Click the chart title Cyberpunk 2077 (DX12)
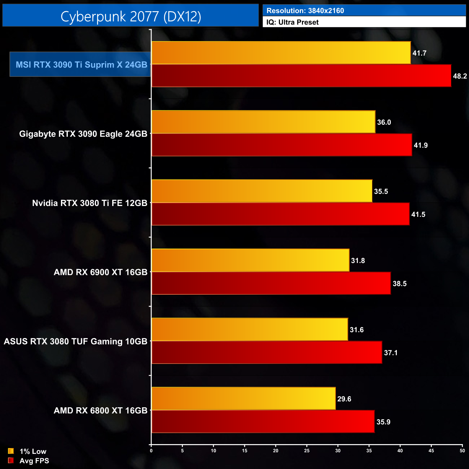tap(131, 16)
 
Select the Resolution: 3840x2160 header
tap(305, 10)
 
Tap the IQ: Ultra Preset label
tap(293, 22)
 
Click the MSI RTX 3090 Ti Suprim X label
tap(81, 65)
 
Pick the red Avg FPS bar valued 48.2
tap(301, 76)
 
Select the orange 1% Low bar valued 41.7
tap(281, 53)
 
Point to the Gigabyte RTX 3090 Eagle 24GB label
tap(83, 134)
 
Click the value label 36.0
tap(384, 122)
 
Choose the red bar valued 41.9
tap(282, 145)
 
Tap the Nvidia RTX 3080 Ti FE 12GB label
tap(89, 203)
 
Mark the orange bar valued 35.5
tap(262, 191)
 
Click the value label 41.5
tap(418, 215)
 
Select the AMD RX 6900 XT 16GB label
tap(100, 272)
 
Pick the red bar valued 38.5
tap(271, 284)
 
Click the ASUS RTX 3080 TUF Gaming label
tap(75, 341)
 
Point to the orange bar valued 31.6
tap(250, 329)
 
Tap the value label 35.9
tap(383, 422)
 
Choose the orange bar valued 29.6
tap(244, 399)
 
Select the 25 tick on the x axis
tap(307, 451)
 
